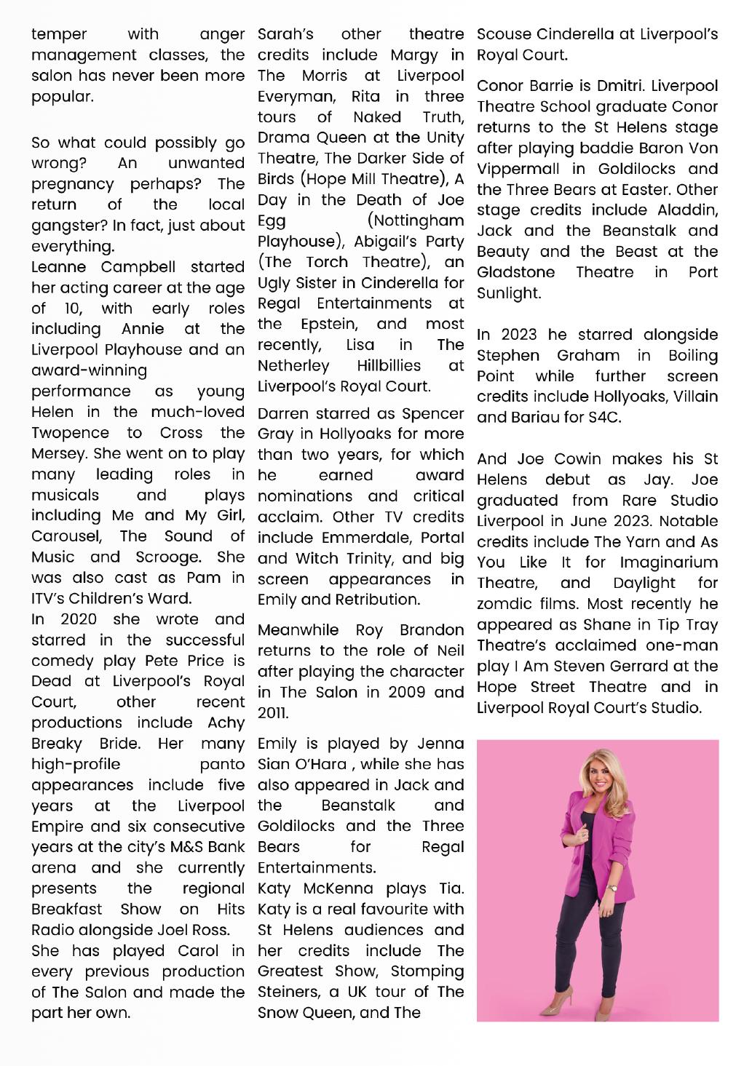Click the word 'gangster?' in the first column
click(x=66, y=226)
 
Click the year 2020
click(x=79, y=619)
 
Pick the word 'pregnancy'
click(x=73, y=184)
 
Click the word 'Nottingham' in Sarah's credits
click(x=416, y=220)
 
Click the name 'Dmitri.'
click(x=621, y=86)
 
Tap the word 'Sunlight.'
click(x=509, y=293)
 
